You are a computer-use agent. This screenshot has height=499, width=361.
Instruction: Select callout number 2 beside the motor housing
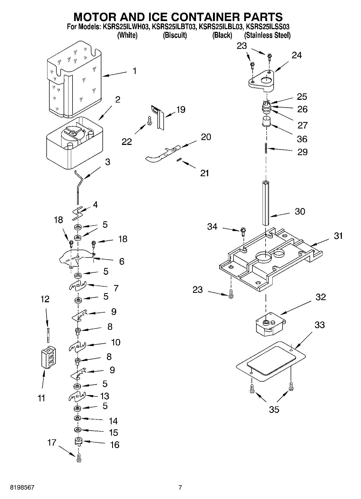click(118, 100)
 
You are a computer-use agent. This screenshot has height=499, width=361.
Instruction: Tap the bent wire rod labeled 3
click(78, 189)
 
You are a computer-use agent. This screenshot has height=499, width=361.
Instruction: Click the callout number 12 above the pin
click(45, 299)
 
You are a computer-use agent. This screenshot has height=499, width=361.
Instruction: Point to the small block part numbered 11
click(49, 357)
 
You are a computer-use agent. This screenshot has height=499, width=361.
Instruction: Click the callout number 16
click(115, 444)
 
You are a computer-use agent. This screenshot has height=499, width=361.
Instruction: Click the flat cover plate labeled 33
click(271, 362)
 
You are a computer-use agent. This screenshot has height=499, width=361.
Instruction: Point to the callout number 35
click(274, 410)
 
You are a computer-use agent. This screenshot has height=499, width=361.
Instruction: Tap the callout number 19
click(181, 110)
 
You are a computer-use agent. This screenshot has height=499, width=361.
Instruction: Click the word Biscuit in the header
click(175, 35)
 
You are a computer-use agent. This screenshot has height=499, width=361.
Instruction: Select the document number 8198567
click(22, 487)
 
